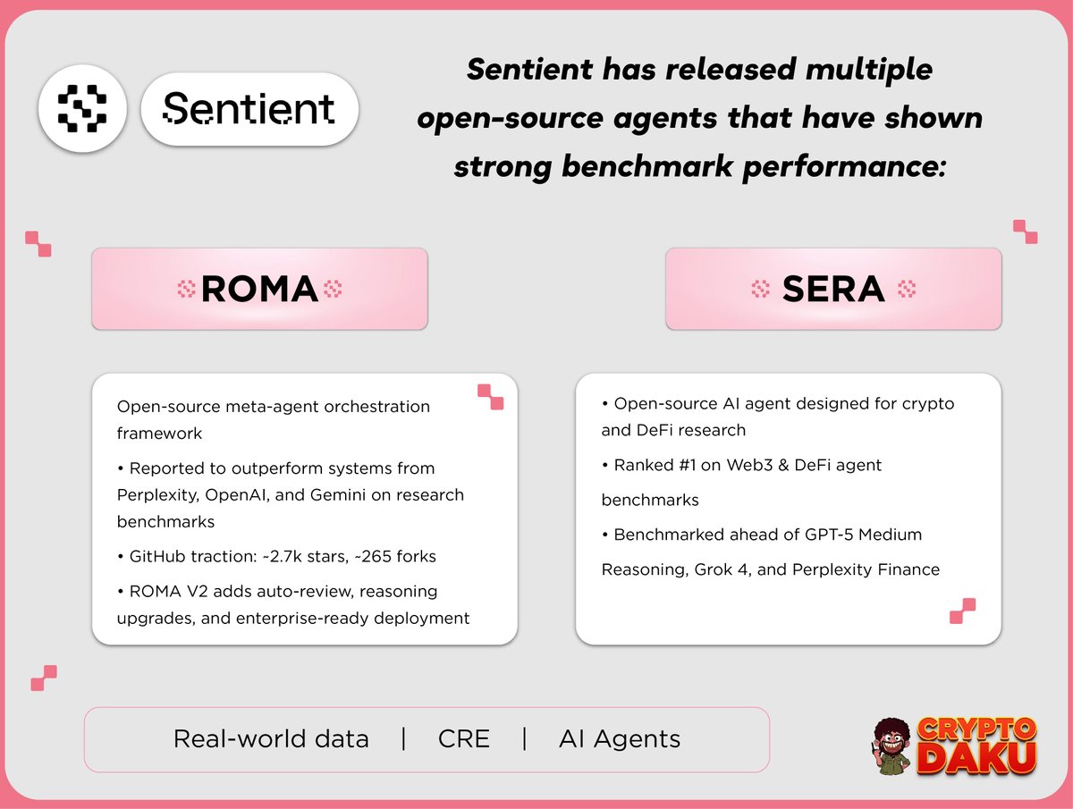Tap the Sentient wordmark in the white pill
[249, 109]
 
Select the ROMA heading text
[259, 289]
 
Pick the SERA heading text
[833, 289]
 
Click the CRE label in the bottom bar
[464, 739]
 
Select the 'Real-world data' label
[271, 739]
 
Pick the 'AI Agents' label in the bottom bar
[620, 739]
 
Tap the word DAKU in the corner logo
[976, 758]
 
